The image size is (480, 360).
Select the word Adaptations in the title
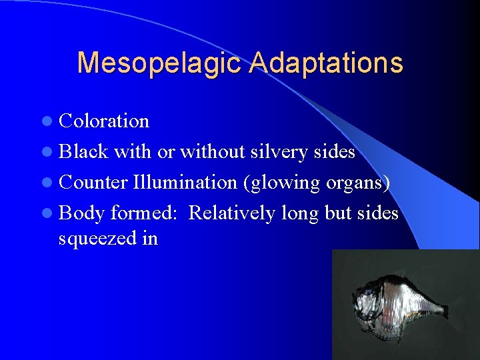point(327,63)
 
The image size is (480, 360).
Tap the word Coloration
point(104,121)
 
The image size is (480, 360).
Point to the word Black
point(83,152)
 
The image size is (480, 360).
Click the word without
point(213,152)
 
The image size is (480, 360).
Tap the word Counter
point(93,182)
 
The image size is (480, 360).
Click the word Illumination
point(185,182)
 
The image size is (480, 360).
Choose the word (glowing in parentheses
point(282,183)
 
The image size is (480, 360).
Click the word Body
point(82,213)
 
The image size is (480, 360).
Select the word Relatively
point(231,213)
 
